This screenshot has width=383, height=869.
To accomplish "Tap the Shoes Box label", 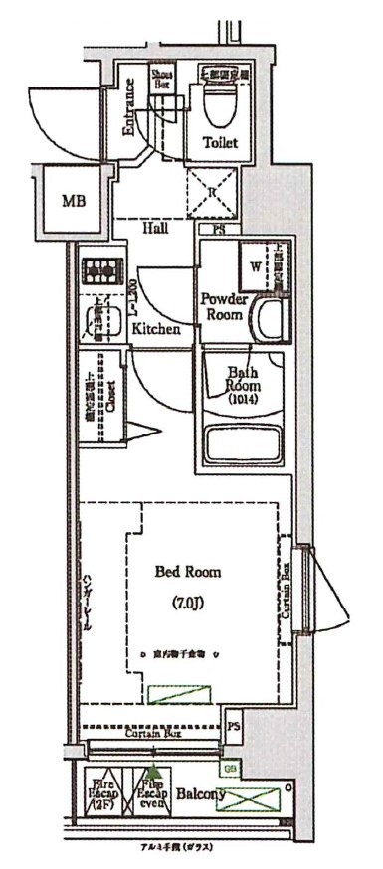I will [162, 80].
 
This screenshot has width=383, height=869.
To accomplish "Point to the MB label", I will [74, 201].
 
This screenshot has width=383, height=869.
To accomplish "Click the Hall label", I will [154, 228].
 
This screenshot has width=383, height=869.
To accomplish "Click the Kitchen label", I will [156, 328].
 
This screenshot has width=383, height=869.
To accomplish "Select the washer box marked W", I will [257, 265].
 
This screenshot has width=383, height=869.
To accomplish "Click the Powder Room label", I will [224, 306].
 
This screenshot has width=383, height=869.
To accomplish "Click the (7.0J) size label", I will [188, 604].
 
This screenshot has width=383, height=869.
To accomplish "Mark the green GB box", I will [230, 768].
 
